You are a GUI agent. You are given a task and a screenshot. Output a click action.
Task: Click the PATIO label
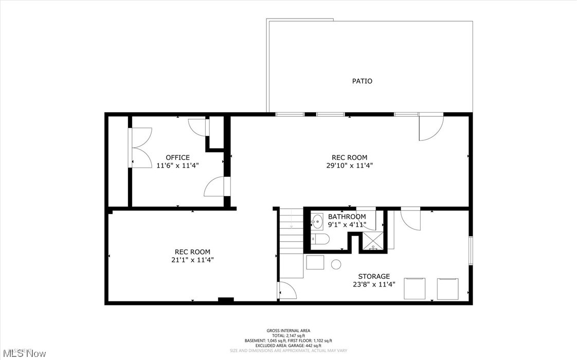click(362, 81)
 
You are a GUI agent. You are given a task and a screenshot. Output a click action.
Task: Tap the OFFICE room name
click(177, 157)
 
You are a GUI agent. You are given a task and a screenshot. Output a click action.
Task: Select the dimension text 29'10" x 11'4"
click(350, 166)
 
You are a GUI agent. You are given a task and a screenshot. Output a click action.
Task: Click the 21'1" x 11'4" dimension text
click(192, 260)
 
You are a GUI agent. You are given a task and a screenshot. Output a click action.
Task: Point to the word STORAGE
click(374, 277)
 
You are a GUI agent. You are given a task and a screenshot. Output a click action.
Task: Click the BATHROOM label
click(347, 217)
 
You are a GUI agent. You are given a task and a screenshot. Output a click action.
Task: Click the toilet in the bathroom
click(320, 240)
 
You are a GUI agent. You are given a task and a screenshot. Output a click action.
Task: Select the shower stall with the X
click(373, 241)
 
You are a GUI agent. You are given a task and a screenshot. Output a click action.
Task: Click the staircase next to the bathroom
click(291, 231)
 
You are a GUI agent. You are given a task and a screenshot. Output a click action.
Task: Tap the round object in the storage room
click(336, 264)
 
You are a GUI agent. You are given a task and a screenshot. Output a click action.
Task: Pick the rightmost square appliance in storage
click(448, 289)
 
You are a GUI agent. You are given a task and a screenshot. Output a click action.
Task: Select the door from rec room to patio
click(430, 127)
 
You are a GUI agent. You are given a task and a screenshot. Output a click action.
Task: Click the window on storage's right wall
click(470, 250)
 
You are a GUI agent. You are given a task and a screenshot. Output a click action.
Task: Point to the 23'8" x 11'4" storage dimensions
click(374, 284)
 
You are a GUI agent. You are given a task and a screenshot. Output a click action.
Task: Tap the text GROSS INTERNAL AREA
click(288, 331)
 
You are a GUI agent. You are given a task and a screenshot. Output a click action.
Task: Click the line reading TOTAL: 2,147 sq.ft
click(288, 336)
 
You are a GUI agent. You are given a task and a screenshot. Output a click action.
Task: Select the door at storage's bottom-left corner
click(287, 291)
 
